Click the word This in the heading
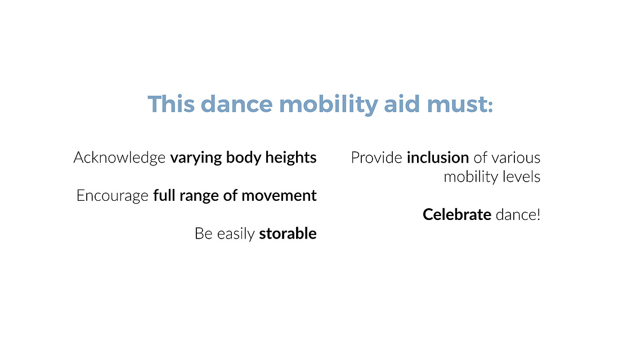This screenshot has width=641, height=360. point(171,104)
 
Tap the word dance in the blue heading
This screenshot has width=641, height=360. point(237,104)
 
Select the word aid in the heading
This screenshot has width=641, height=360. point(401,104)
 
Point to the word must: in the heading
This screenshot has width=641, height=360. point(460,104)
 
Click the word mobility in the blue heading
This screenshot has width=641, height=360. point(328,105)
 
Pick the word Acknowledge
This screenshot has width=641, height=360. point(119,157)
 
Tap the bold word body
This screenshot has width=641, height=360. point(243,158)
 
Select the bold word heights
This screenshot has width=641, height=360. point(290,157)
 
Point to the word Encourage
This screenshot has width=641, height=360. point(113,196)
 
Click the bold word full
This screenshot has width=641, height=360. point(164,195)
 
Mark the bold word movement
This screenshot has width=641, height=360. point(279,196)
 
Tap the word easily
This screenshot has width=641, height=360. point(236,234)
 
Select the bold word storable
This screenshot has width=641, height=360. point(288,233)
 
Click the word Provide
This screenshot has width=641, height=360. point(376,157)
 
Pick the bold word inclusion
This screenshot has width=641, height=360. point(438,157)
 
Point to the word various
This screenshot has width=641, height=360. point(516,157)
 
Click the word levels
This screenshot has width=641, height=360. point(521,177)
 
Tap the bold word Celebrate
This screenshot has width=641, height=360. point(457,214)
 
